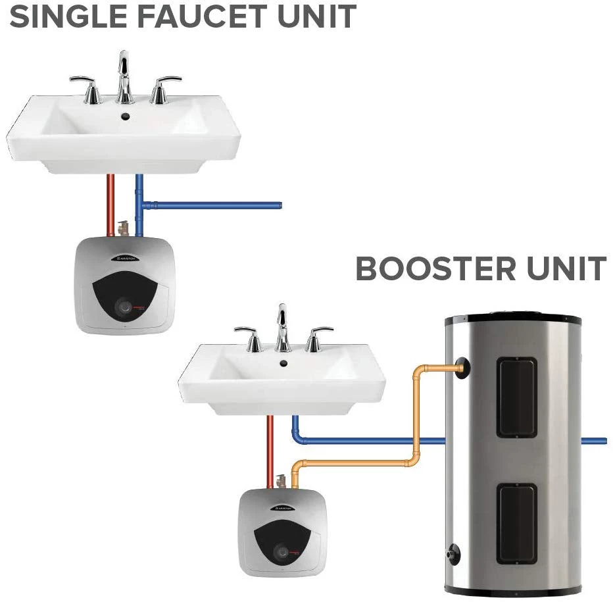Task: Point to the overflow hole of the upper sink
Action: coord(124,118)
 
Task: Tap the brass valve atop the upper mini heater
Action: coord(122,228)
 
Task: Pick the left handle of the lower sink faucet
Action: coord(249,336)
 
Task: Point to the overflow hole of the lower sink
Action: coord(283,363)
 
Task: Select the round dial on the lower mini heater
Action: coord(282,551)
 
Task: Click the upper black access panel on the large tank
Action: coord(517,396)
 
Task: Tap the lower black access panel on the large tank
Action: coord(517,522)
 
